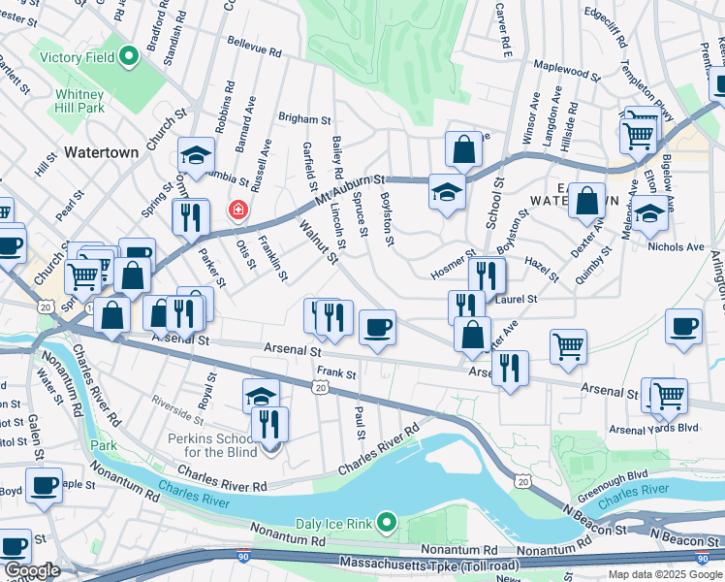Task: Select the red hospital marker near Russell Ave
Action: pyautogui.click(x=236, y=210)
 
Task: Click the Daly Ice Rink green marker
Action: pyautogui.click(x=387, y=524)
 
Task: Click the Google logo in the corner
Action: pyautogui.click(x=31, y=570)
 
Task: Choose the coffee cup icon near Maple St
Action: pyautogui.click(x=44, y=484)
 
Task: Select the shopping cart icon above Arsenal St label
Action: pyautogui.click(x=567, y=345)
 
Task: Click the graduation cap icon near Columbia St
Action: pyautogui.click(x=196, y=154)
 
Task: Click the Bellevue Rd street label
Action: pyautogui.click(x=254, y=45)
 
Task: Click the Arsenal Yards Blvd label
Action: pyautogui.click(x=653, y=428)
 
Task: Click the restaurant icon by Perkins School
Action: pyautogui.click(x=269, y=423)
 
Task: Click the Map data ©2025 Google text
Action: pyautogui.click(x=664, y=574)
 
